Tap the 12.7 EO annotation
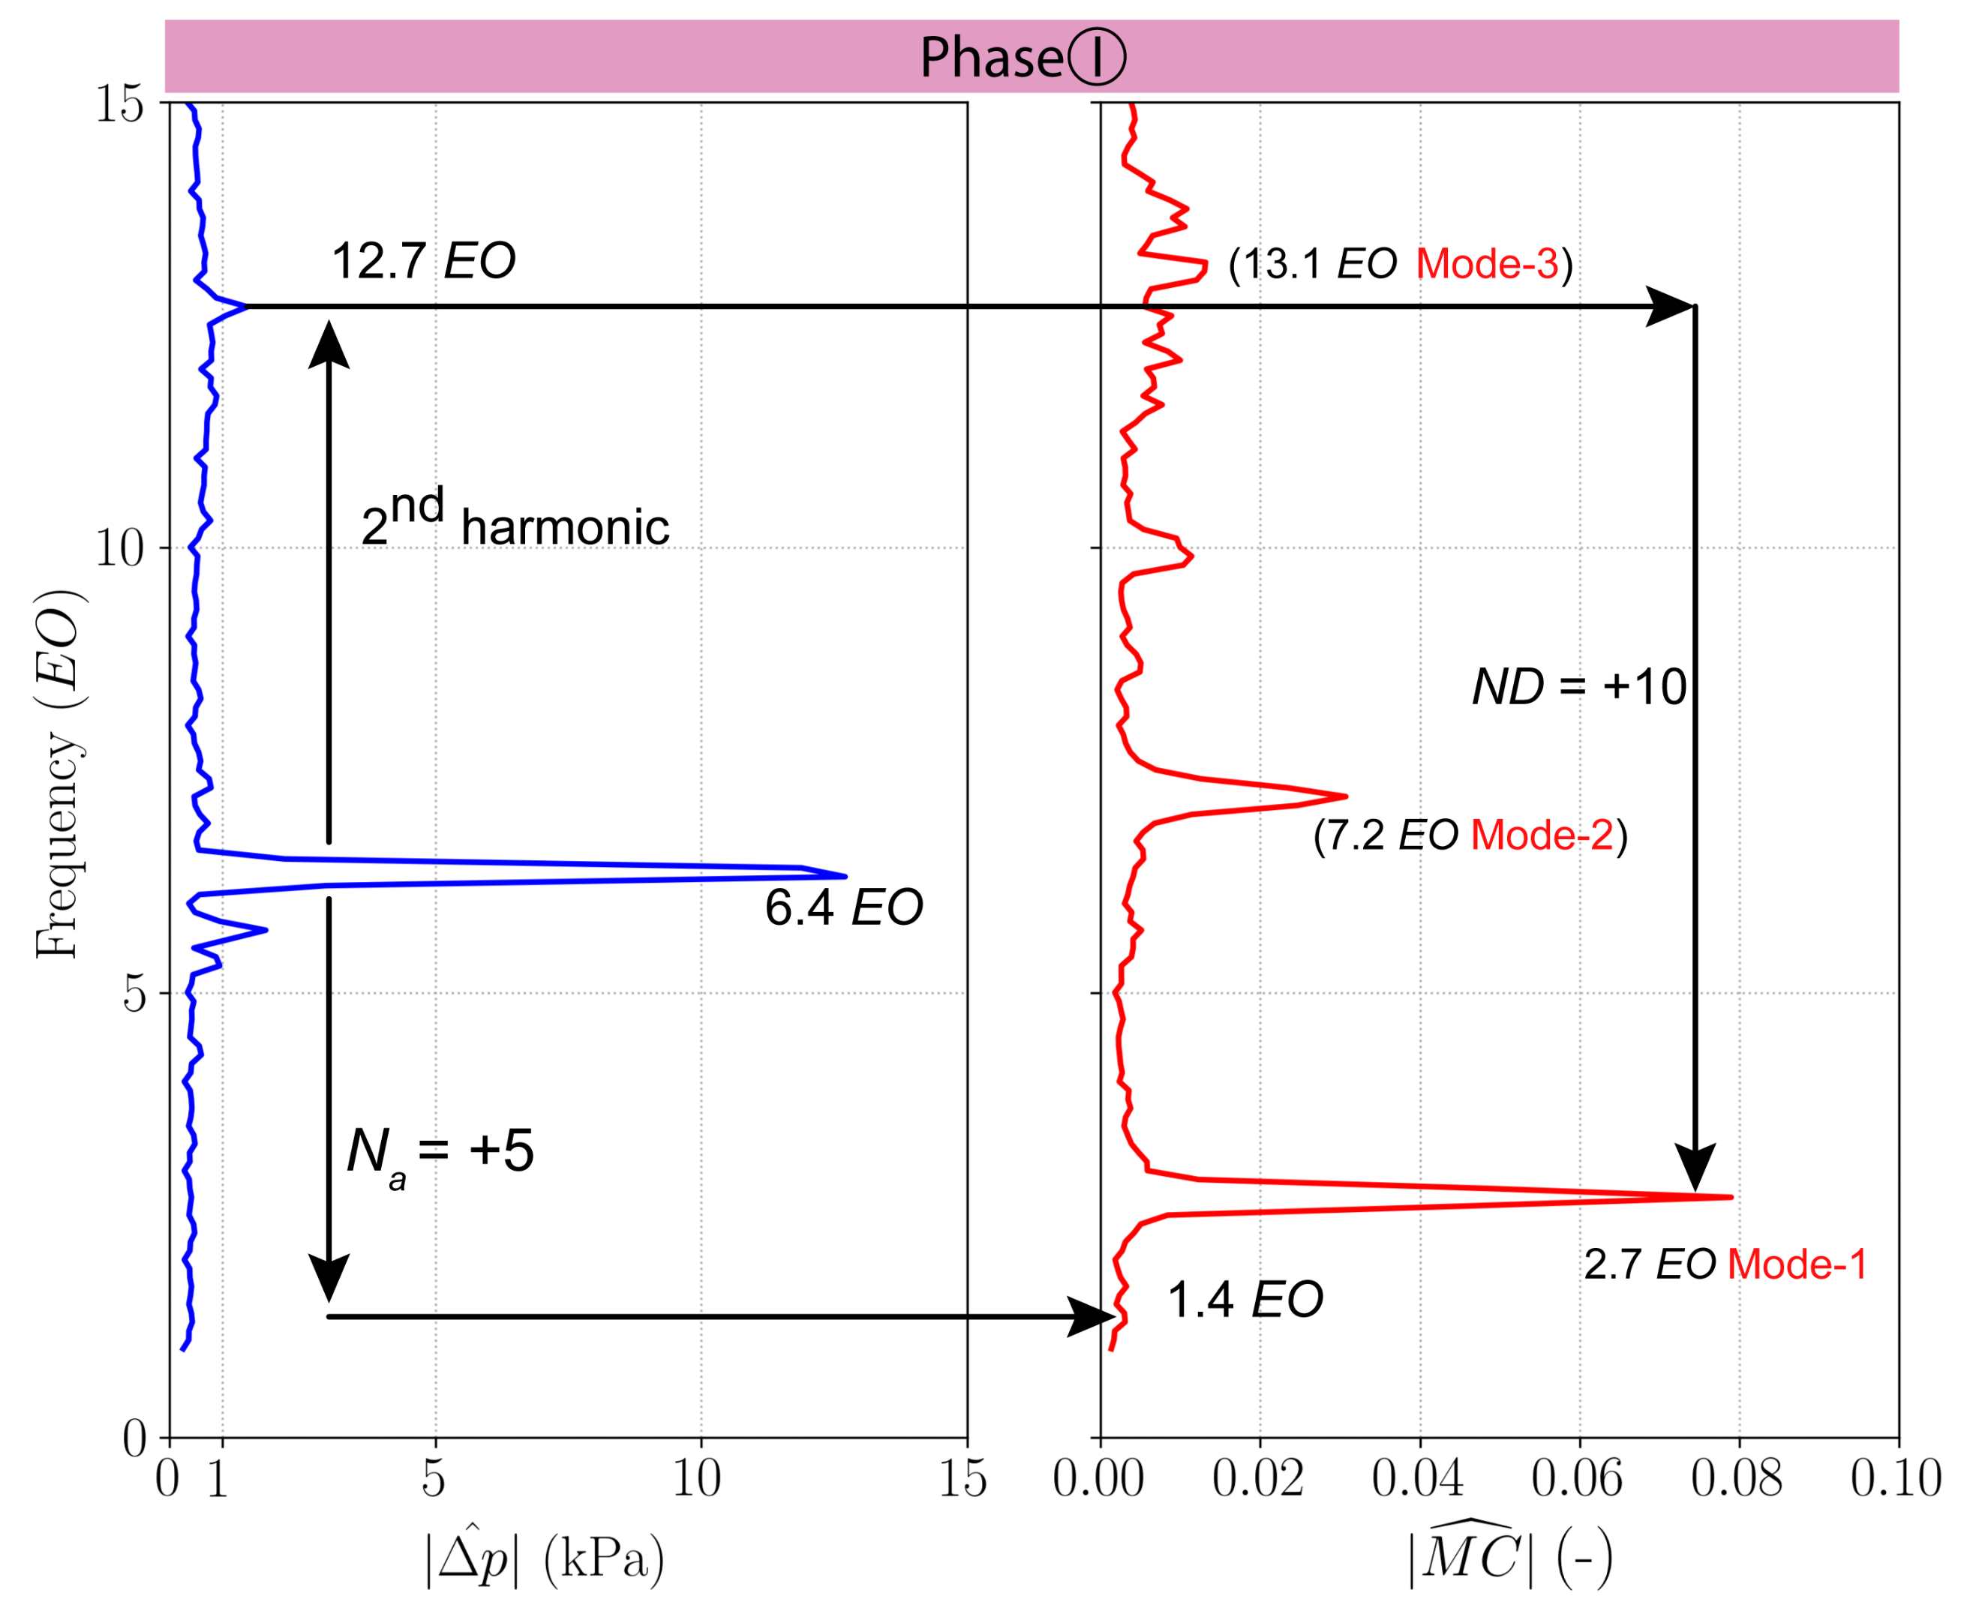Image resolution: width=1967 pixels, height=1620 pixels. [x=423, y=260]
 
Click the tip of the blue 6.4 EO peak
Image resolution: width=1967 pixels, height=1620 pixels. [x=844, y=876]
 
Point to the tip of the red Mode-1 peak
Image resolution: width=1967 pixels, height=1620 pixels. [x=1730, y=1196]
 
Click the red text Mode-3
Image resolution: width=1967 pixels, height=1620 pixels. [x=1486, y=264]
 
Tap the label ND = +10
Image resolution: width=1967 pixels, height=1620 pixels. [x=1578, y=687]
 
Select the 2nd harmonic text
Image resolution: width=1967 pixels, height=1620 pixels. [x=515, y=520]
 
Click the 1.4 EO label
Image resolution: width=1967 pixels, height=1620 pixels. [x=1245, y=1300]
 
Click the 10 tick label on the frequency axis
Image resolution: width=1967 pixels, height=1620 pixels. [x=119, y=547]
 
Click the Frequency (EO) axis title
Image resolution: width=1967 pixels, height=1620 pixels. [x=58, y=775]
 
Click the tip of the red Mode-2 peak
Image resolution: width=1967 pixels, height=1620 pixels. [x=1344, y=796]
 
